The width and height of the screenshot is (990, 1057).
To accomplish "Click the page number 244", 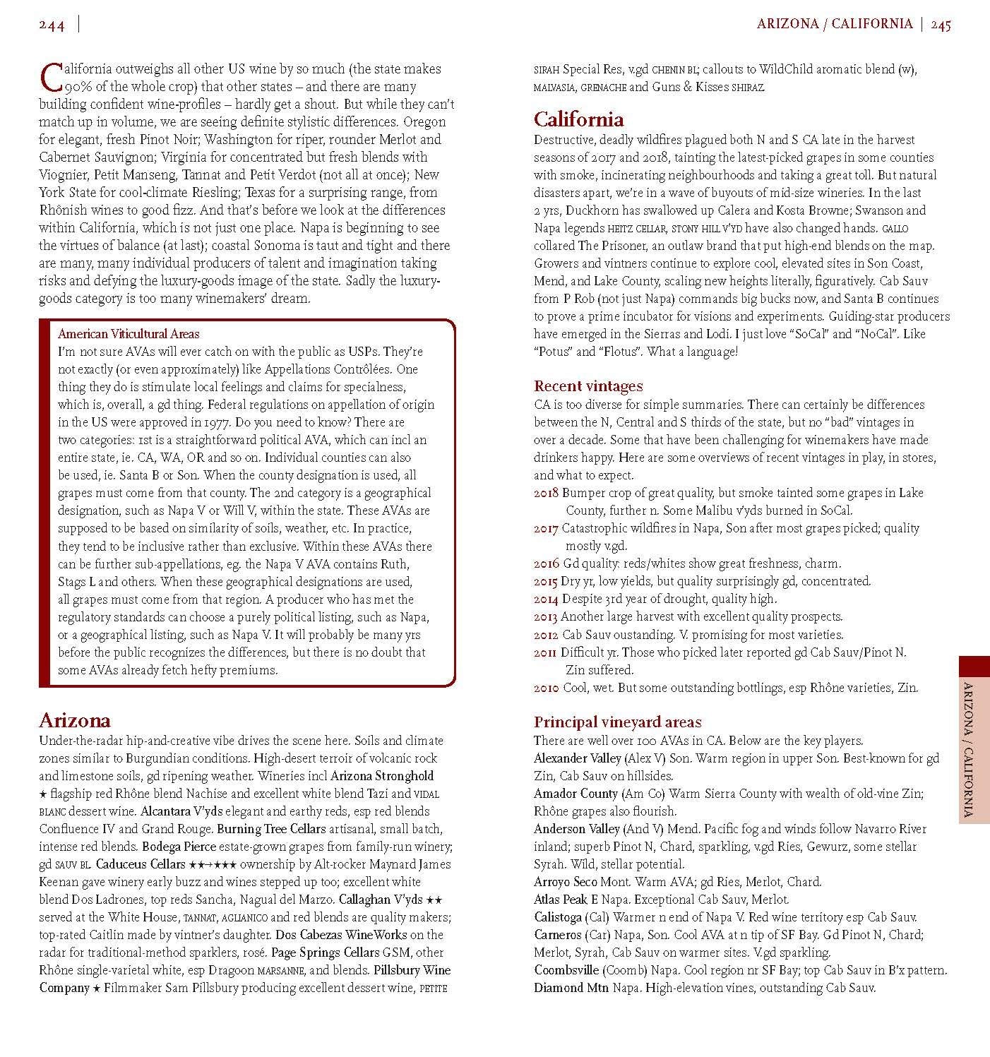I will [x=52, y=25].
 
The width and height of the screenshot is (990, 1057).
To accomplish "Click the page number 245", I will [x=941, y=25].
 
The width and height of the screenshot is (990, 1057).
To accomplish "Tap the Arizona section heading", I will [x=75, y=720].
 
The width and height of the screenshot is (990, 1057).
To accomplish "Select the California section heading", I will [x=578, y=119].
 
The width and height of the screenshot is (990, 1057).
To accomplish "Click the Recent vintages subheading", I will [x=588, y=386].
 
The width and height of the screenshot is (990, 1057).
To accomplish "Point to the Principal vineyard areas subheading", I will [x=617, y=722].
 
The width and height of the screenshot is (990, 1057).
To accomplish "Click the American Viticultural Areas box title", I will [x=129, y=334].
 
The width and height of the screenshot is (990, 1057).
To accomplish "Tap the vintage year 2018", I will [x=546, y=493].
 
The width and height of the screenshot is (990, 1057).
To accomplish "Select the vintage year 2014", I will [x=546, y=599].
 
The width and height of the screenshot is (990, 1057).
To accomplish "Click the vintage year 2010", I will [x=546, y=688].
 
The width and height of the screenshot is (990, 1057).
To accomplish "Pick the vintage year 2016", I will [x=546, y=563].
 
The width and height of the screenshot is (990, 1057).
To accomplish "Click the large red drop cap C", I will [x=51, y=77].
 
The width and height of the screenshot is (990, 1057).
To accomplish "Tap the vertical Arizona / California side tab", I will [x=974, y=739].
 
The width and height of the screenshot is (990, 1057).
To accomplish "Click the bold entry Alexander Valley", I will [x=577, y=758].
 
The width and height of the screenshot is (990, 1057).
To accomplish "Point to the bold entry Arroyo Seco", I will [x=566, y=882].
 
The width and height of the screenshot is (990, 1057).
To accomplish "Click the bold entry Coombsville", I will [x=566, y=970].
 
